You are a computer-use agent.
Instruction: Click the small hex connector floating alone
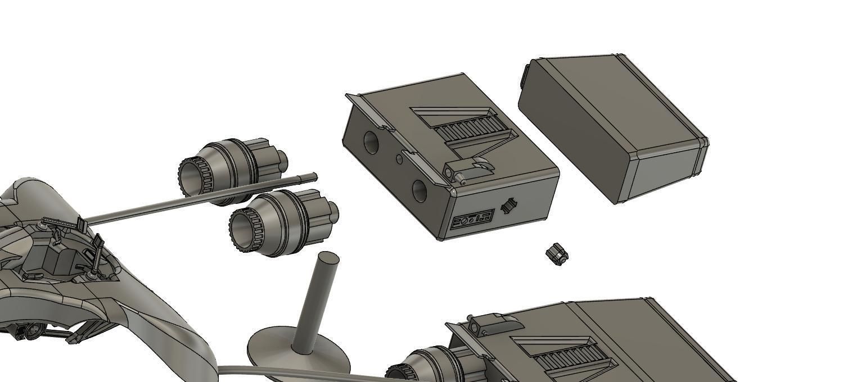[x=557, y=254]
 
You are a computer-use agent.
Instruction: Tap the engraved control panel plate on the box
[x=473, y=219]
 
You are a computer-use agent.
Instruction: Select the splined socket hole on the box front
[x=509, y=206]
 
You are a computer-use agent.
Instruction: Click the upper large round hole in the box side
[x=371, y=143]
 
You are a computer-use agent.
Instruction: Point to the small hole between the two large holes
[x=399, y=160]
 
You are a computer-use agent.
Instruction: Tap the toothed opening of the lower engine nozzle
[x=244, y=229]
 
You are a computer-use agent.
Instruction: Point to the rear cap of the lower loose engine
[x=332, y=212]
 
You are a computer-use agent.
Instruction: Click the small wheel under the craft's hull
[x=32, y=333]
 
